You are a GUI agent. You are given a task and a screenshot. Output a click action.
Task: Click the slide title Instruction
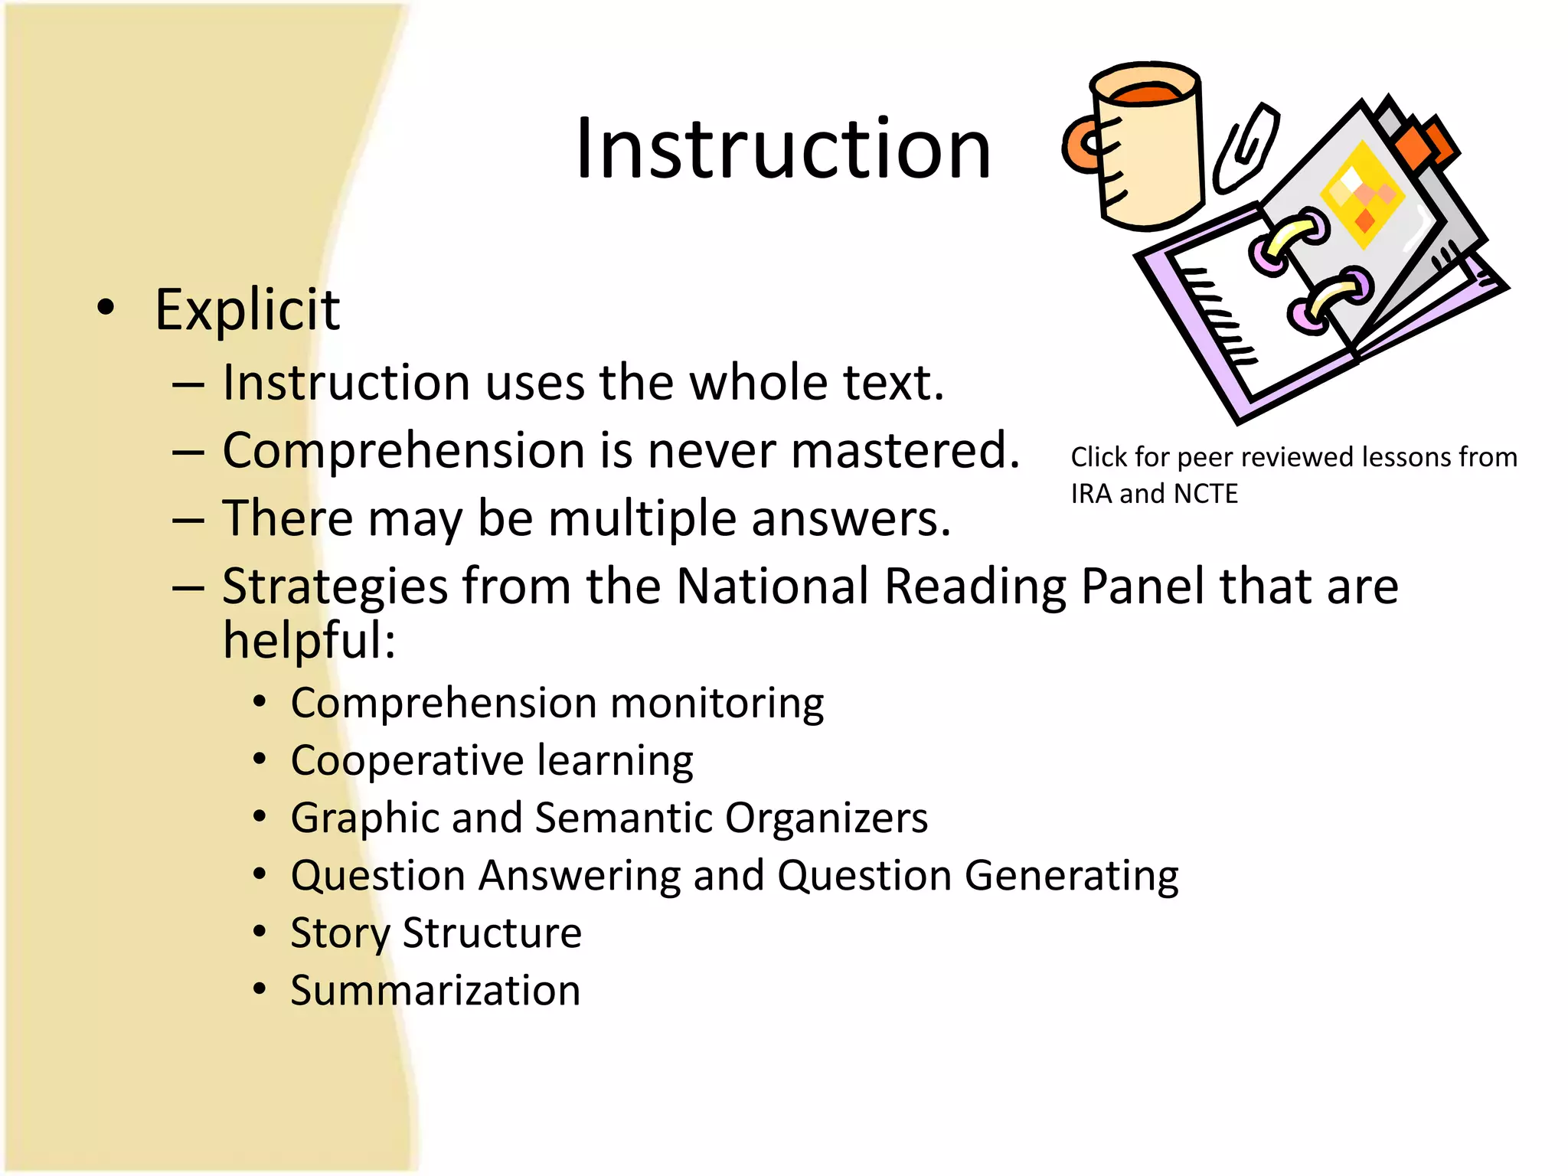pyautogui.click(x=782, y=149)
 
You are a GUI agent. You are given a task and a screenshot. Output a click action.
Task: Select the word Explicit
pyautogui.click(x=247, y=310)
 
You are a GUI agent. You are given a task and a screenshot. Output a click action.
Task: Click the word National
pyautogui.click(x=773, y=586)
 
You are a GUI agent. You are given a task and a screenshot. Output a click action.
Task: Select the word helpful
pyautogui.click(x=309, y=640)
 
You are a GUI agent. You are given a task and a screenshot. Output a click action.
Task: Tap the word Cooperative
pyautogui.click(x=407, y=760)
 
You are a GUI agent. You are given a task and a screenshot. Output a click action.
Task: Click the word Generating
pyautogui.click(x=1071, y=875)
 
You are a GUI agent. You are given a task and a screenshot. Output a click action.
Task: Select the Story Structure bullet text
pyautogui.click(x=436, y=933)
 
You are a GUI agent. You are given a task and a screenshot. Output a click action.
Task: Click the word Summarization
pyautogui.click(x=436, y=990)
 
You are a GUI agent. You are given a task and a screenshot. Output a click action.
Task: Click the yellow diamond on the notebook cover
pyautogui.click(x=1364, y=194)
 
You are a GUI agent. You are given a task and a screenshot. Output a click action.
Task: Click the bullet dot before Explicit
pyautogui.click(x=106, y=308)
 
